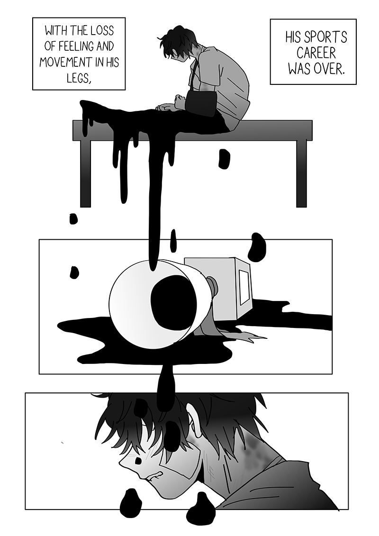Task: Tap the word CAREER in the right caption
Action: point(316,54)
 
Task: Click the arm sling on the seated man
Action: point(199,100)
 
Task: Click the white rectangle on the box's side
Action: point(245,286)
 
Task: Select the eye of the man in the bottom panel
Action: point(138,461)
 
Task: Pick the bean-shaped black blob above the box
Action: point(257,247)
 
